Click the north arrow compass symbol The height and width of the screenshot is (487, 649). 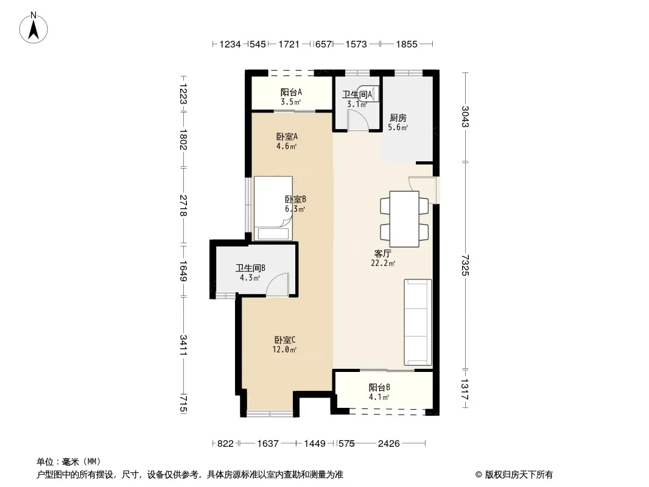click(33, 28)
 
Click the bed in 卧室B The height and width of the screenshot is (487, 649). click(273, 208)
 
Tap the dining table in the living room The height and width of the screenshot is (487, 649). click(404, 219)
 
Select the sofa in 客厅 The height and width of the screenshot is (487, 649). click(418, 322)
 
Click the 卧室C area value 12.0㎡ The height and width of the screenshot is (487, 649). click(284, 349)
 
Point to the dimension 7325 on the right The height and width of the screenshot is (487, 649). click(465, 265)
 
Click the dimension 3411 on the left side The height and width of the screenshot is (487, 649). click(183, 345)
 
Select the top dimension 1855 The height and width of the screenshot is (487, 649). click(407, 44)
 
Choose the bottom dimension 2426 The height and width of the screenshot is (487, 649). click(388, 444)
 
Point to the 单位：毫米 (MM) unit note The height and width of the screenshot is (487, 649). click(69, 461)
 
